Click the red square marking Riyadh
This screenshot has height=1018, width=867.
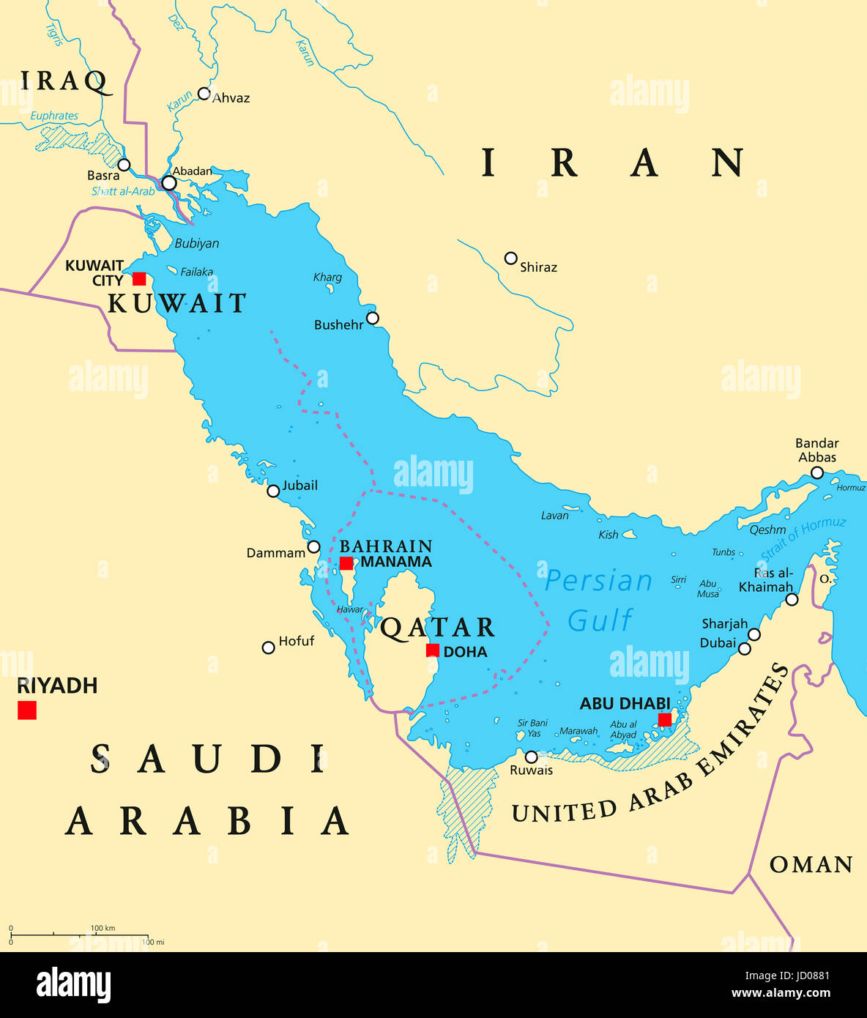coord(27,710)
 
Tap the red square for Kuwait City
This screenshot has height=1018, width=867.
coord(139,279)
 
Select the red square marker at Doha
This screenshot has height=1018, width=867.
coord(433,650)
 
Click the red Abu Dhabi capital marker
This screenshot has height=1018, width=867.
coord(664,720)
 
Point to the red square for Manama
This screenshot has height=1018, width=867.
coord(346,563)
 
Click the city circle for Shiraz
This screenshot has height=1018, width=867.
coord(511,258)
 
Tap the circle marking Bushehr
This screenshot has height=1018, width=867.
coord(373,318)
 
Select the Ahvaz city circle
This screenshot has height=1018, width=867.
coord(204,94)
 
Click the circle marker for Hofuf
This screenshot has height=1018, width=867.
coord(269,647)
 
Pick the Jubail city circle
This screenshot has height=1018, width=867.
coord(273,491)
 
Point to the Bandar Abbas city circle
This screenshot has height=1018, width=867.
coord(817,473)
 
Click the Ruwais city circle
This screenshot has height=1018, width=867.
coord(531,757)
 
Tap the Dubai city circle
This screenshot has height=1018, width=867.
coord(745,648)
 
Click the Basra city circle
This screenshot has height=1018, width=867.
coord(124,165)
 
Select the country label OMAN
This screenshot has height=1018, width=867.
coord(811,865)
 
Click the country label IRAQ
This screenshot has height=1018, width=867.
coord(64,81)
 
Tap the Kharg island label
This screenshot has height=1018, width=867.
coord(327,277)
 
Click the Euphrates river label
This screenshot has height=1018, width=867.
coord(54,116)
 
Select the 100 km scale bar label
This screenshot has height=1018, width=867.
coord(103,928)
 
